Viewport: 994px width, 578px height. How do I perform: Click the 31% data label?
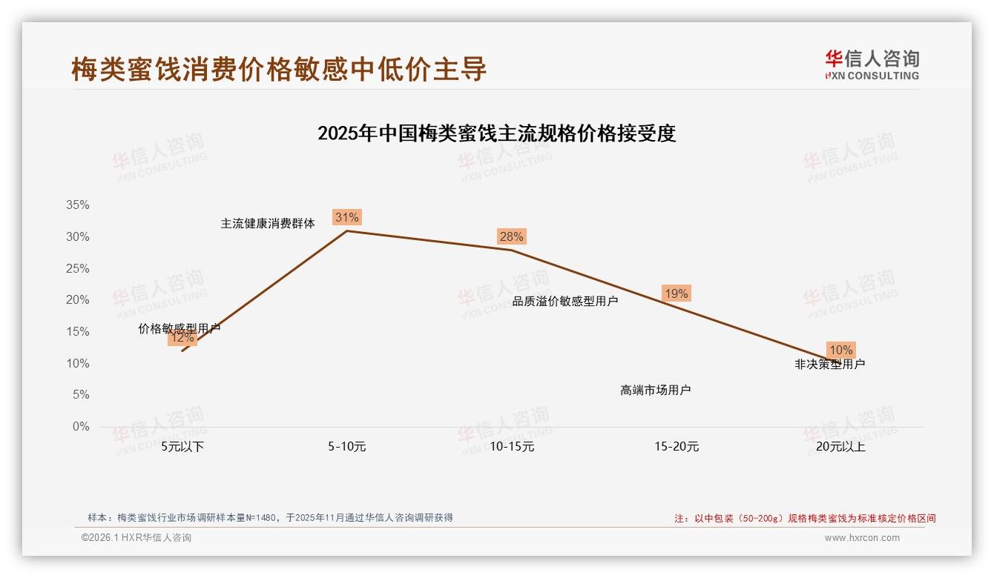[346, 217]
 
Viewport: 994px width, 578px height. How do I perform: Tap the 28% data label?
[511, 236]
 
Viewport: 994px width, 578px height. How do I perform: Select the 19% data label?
[676, 293]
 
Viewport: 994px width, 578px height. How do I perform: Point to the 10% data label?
[840, 350]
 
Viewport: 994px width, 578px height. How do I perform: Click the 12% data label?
[182, 338]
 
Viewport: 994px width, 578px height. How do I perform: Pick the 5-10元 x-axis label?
[346, 447]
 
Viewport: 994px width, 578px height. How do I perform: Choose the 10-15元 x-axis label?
[512, 447]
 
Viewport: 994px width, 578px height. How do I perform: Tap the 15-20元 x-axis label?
[677, 447]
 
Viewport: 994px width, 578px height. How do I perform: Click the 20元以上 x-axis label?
[840, 447]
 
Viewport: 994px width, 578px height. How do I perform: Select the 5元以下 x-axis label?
[182, 447]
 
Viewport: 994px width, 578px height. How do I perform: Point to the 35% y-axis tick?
[78, 205]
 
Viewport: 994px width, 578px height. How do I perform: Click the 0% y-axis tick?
[81, 427]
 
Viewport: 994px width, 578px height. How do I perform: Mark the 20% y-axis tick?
[78, 300]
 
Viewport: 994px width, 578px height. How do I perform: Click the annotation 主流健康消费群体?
[268, 223]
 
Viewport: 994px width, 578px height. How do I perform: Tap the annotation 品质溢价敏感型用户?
[565, 301]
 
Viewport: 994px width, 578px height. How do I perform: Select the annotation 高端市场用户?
[656, 390]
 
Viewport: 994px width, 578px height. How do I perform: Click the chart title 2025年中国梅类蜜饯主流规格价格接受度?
[496, 133]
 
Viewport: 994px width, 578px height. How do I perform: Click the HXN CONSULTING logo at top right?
[872, 65]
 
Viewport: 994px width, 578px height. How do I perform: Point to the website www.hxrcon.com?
[862, 538]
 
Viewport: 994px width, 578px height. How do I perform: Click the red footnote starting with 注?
[805, 519]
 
